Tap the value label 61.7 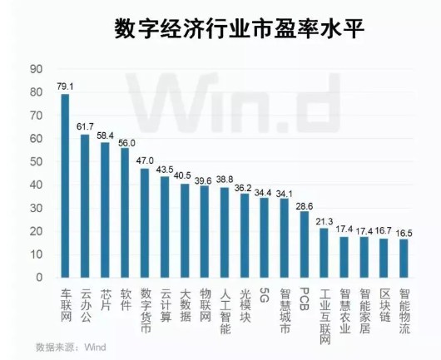pos(85,126)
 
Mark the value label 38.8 pos(224,180)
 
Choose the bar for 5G pos(264,237)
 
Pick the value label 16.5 pos(404,232)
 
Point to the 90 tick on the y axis pos(37,68)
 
